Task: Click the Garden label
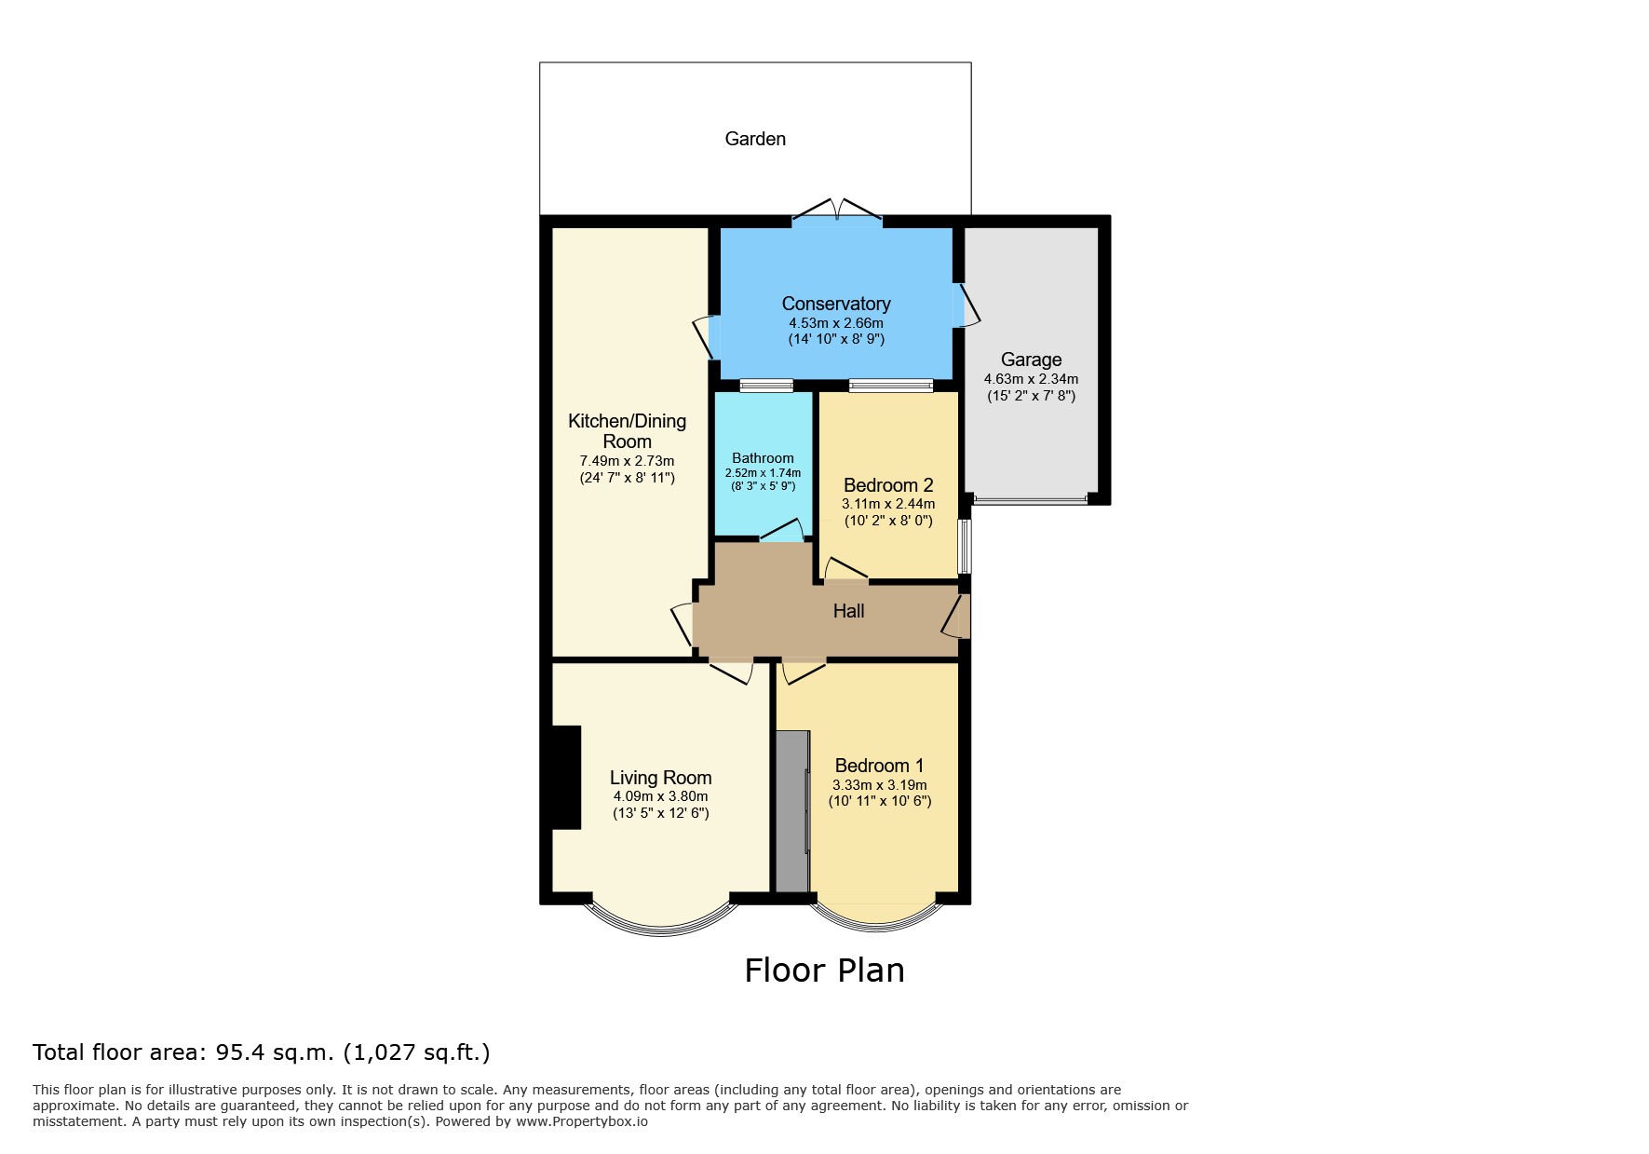pyautogui.click(x=755, y=139)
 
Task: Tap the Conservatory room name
pyautogui.click(x=836, y=304)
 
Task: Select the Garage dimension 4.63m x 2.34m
pyautogui.click(x=1031, y=379)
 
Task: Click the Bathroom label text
pyautogui.click(x=763, y=458)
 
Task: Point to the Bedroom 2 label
pyautogui.click(x=888, y=485)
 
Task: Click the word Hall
pyautogui.click(x=848, y=611)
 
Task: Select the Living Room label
pyautogui.click(x=660, y=778)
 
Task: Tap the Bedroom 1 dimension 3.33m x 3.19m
pyautogui.click(x=880, y=785)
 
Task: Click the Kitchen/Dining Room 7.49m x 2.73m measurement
pyautogui.click(x=627, y=461)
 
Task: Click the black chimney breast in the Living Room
pyautogui.click(x=564, y=778)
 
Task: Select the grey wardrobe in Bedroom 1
pyautogui.click(x=793, y=810)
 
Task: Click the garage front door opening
pyautogui.click(x=1031, y=501)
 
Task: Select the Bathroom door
pyautogui.click(x=782, y=531)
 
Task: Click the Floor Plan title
pyautogui.click(x=824, y=971)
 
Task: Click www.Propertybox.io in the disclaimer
pyautogui.click(x=582, y=1121)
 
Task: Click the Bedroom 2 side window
pyautogui.click(x=966, y=547)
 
